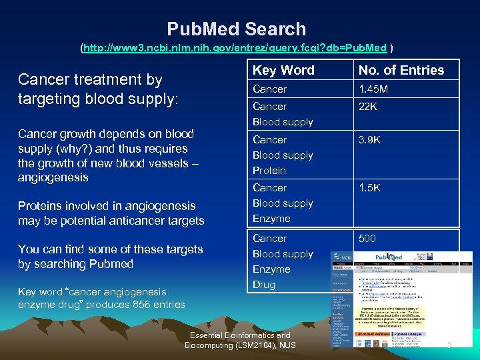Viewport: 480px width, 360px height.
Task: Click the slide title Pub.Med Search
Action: pyautogui.click(x=237, y=29)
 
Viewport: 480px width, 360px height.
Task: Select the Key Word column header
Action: pyautogui.click(x=283, y=70)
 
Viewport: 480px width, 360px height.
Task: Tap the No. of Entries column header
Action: pyautogui.click(x=401, y=70)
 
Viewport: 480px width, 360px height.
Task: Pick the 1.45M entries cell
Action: pyautogui.click(x=374, y=89)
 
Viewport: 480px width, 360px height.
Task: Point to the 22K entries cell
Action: pyautogui.click(x=369, y=106)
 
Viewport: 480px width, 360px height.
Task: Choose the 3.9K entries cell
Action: pyautogui.click(x=369, y=139)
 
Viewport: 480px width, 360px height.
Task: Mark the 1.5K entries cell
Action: pyautogui.click(x=369, y=188)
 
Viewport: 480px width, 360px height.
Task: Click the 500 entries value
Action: pyautogui.click(x=367, y=238)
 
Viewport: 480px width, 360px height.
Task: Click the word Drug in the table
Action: pyautogui.click(x=263, y=285)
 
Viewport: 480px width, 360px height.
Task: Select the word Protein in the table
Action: pyautogui.click(x=269, y=170)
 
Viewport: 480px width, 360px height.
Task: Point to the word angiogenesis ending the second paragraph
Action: pyautogui.click(x=53, y=177)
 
